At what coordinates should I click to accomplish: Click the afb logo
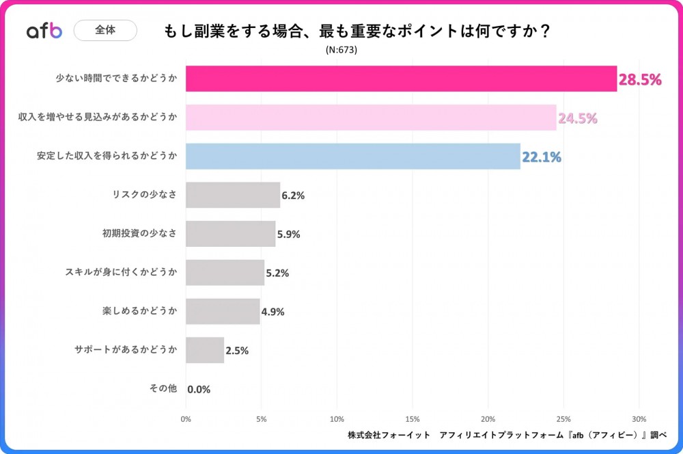(44, 31)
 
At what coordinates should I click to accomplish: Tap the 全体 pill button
(105, 30)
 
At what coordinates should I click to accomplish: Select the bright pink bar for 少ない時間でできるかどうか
(401, 79)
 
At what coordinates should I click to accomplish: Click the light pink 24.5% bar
(371, 118)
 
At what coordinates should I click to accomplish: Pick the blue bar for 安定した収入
(352, 157)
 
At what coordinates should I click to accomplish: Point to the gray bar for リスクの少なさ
(233, 195)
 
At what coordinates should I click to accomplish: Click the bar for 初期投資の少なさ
(230, 234)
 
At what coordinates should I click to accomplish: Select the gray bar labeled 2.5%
(205, 350)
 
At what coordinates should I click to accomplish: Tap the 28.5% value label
(640, 80)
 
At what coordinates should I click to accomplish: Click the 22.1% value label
(542, 157)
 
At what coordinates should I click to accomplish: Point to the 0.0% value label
(199, 389)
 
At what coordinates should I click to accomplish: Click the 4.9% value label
(272, 312)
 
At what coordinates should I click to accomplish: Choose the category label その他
(163, 388)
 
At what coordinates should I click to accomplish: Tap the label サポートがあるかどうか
(126, 349)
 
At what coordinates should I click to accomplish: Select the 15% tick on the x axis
(412, 418)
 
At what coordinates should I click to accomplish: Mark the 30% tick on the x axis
(639, 418)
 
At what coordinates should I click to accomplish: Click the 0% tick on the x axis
(186, 418)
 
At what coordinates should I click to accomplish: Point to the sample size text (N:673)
(341, 50)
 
